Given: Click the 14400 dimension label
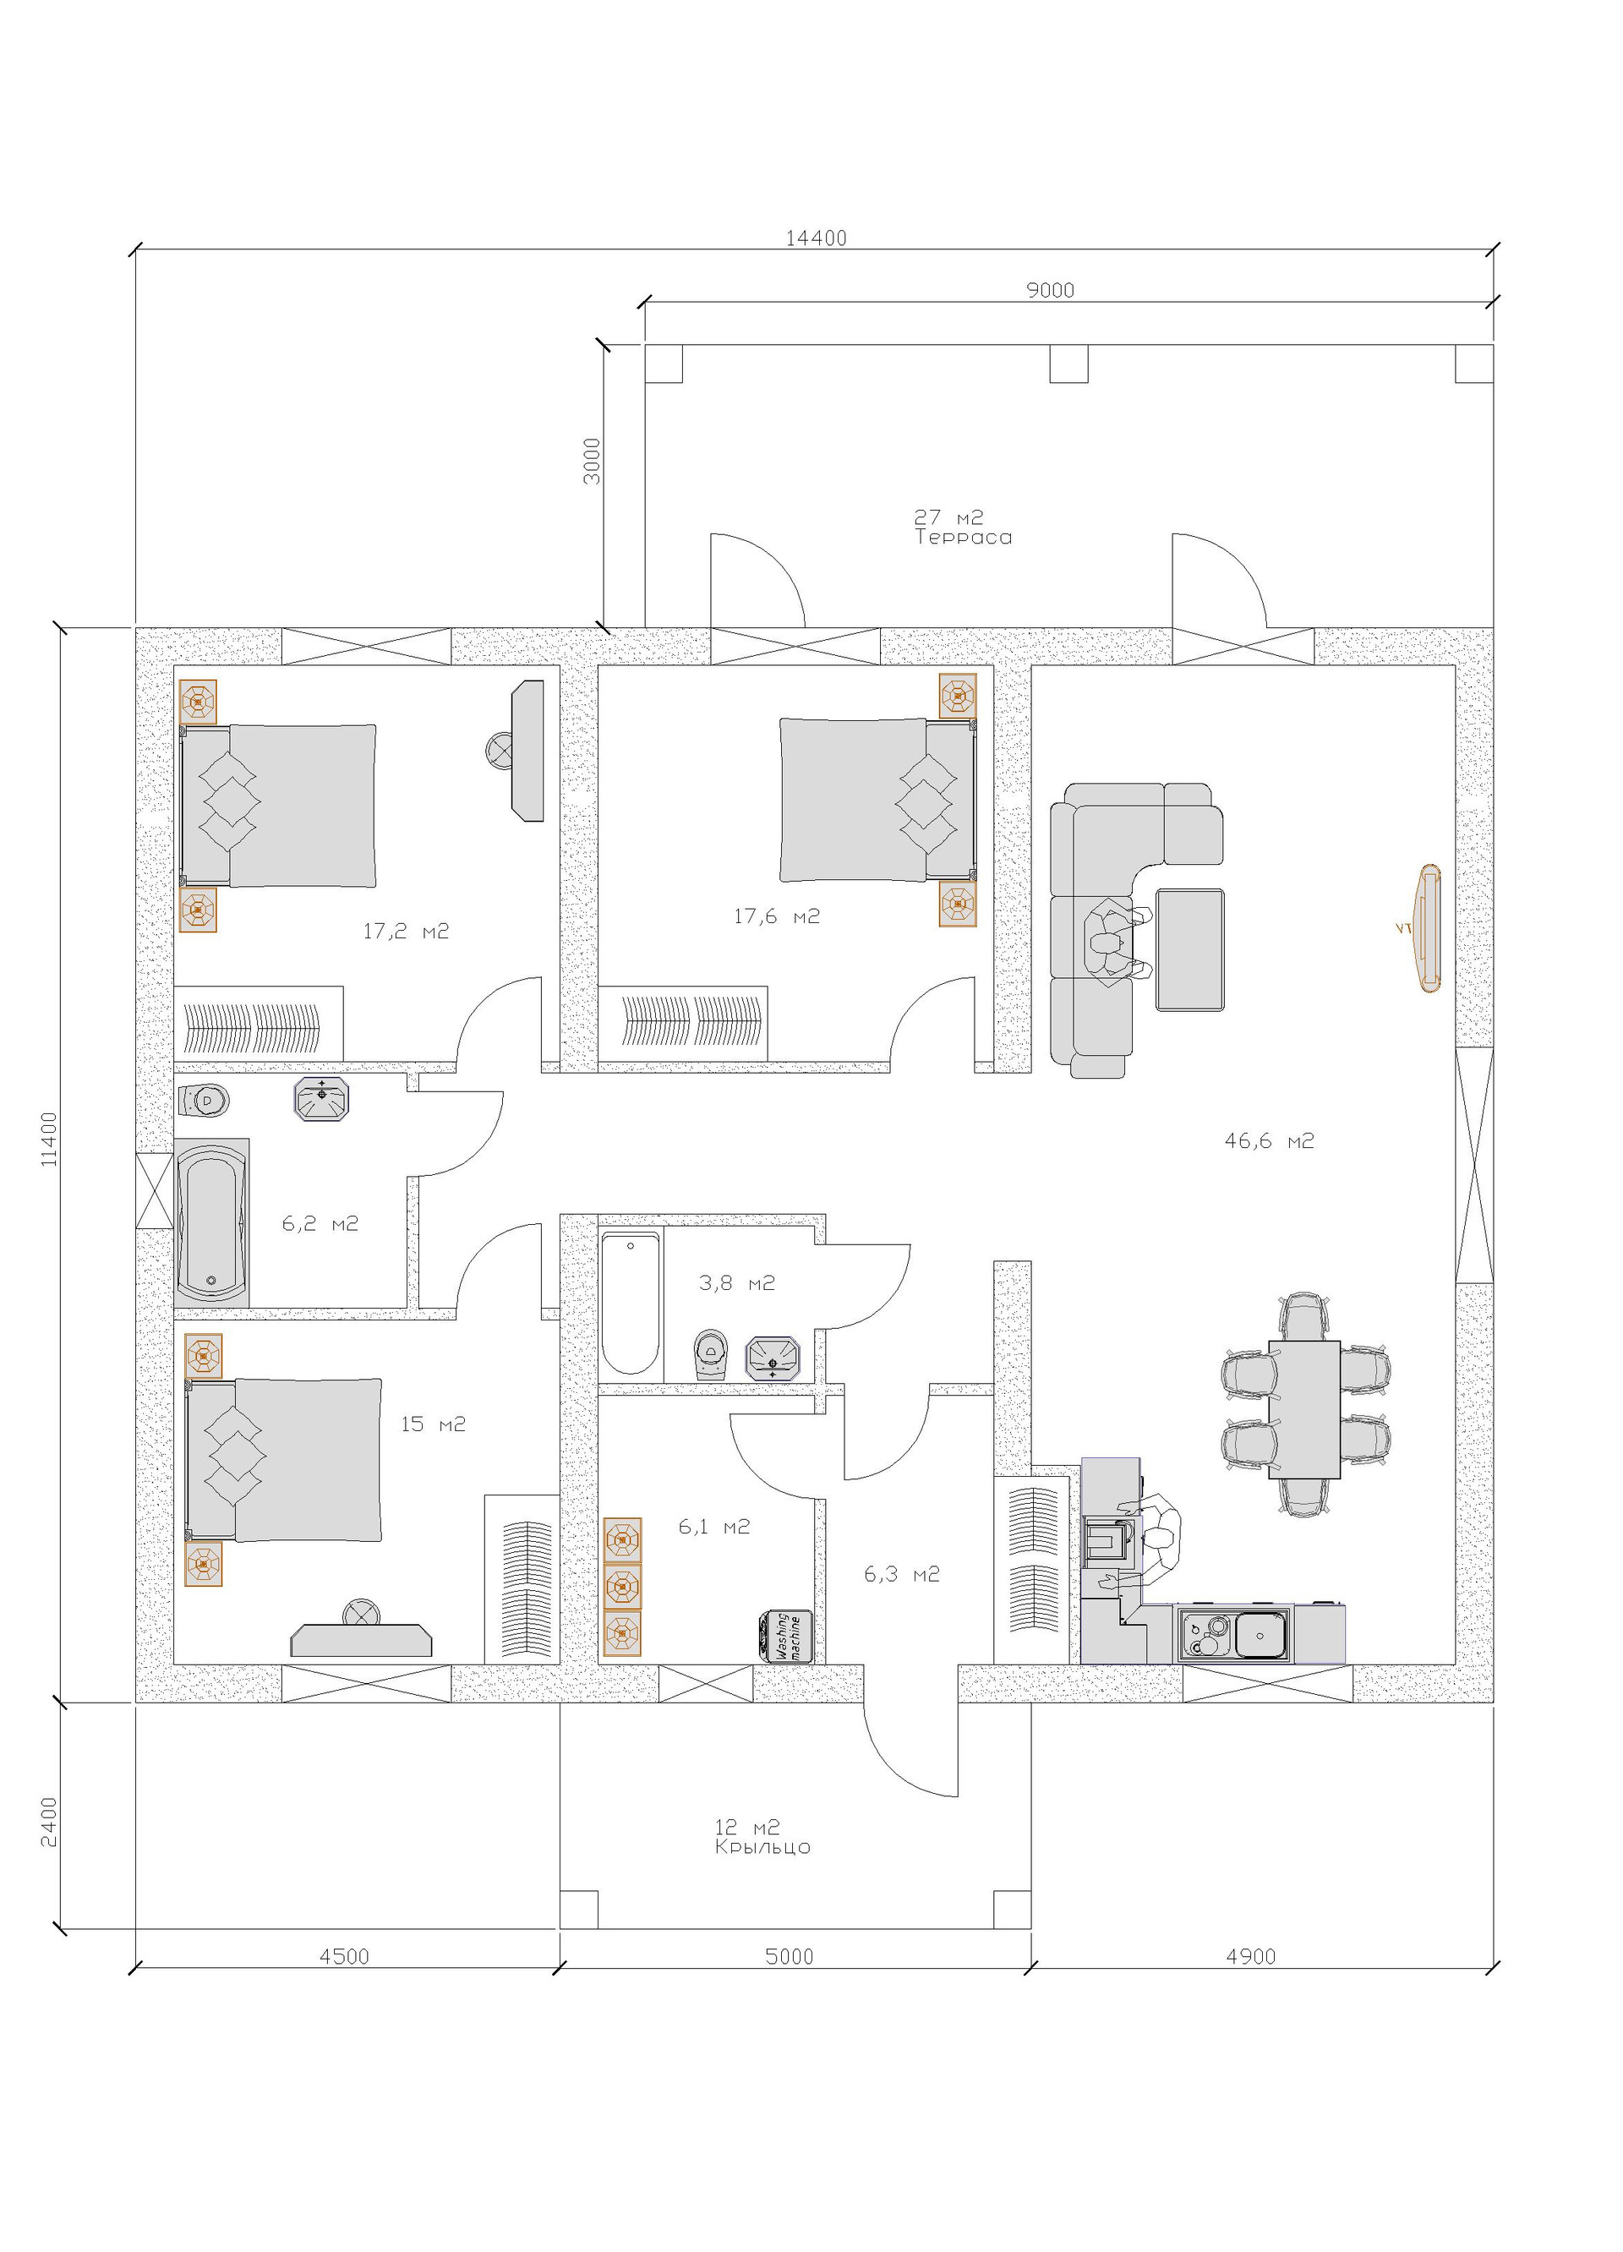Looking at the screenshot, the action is coord(816,238).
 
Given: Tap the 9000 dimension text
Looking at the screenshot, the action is coord(1050,290).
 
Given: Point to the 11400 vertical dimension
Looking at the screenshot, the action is coord(50,1139).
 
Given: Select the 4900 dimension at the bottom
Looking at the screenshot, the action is coord(1251,1956).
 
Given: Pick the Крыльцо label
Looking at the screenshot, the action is coord(762,1847).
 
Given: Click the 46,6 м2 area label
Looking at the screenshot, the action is coord(1269,1141).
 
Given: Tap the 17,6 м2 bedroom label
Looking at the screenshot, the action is coord(776,916).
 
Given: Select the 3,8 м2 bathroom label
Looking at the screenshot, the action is coord(736,1283).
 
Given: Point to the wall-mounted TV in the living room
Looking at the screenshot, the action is coord(1428,928).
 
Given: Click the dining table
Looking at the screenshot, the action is coord(1304,1410).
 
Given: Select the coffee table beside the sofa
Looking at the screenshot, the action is coord(1190,950).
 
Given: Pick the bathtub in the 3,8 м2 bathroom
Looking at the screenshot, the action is coord(631,1303).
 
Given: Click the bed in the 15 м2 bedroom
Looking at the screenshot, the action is coord(284,1460).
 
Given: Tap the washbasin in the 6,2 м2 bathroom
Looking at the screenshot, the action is coord(321,1099).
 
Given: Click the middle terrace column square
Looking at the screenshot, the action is coord(1069,363).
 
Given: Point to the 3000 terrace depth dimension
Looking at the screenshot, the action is coord(592,461).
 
